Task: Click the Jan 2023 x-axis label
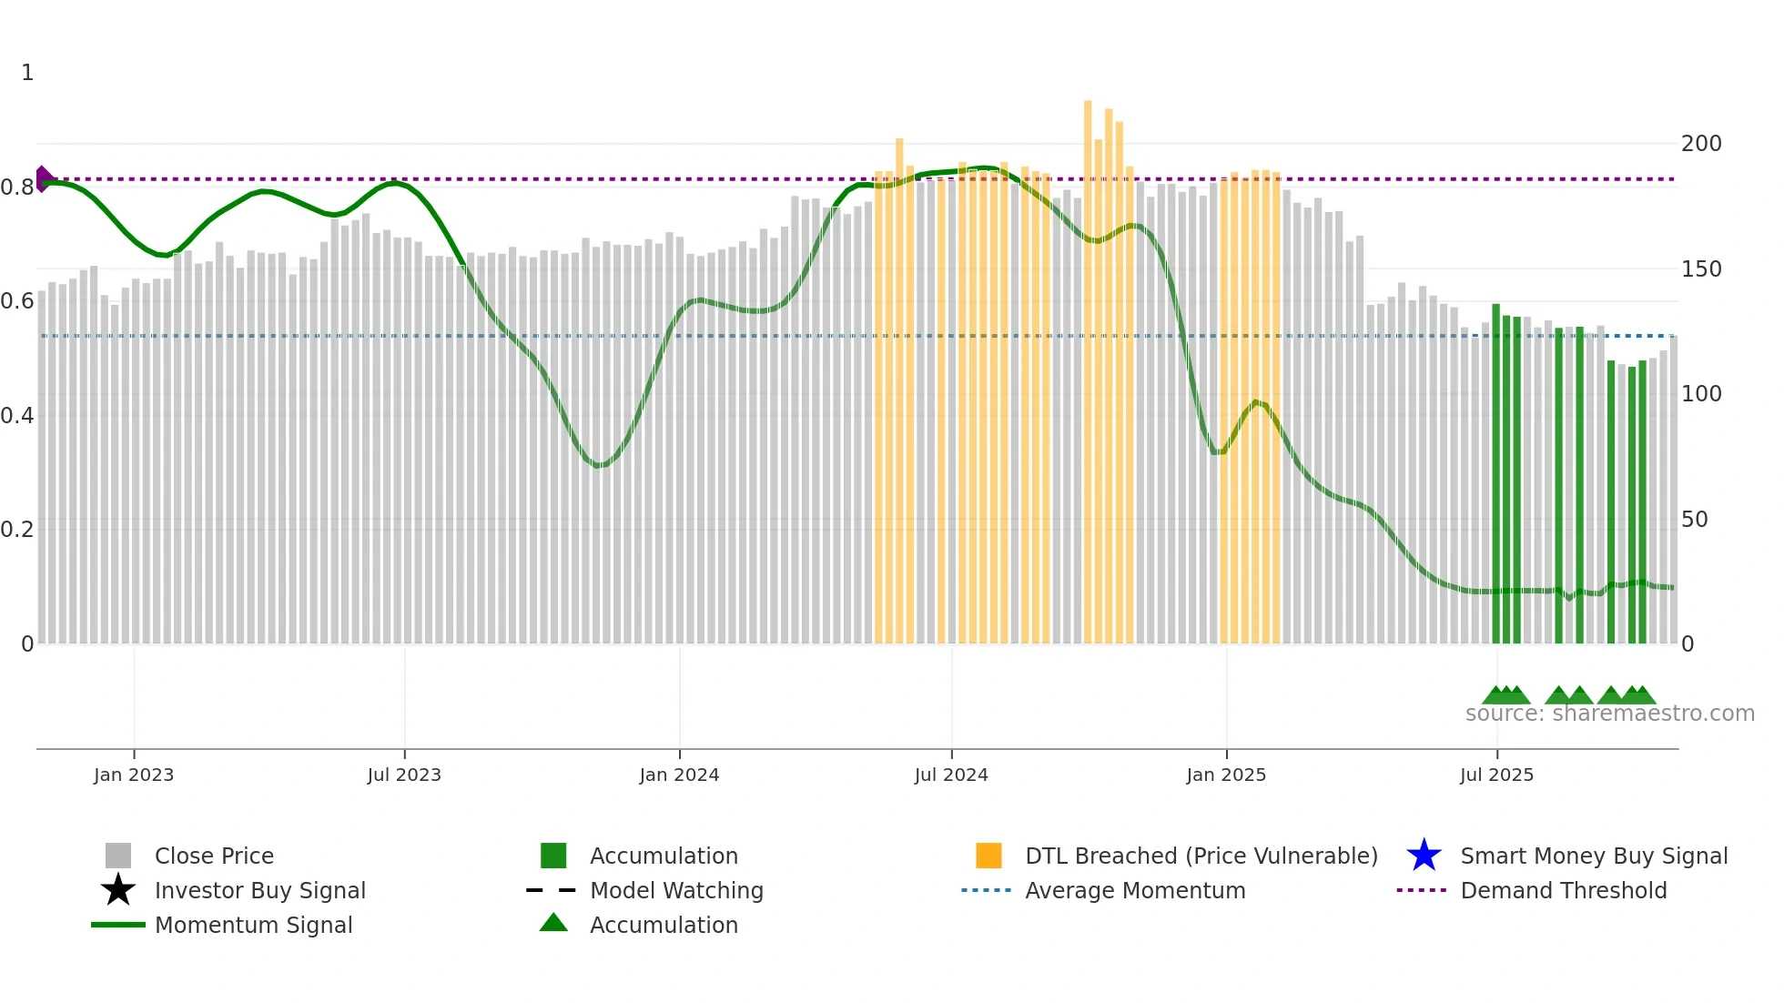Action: (x=133, y=775)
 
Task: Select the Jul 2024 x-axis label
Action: (x=950, y=775)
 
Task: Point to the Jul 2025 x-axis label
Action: (x=1496, y=775)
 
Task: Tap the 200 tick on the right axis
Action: (x=1701, y=144)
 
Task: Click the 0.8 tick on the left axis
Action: (x=17, y=187)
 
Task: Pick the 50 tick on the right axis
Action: (x=1694, y=520)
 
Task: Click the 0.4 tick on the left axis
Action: (x=17, y=416)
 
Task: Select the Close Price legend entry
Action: (x=214, y=856)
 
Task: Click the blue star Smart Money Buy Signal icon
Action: (x=1424, y=856)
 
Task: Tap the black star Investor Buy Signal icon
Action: (x=118, y=890)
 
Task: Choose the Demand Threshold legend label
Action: (x=1563, y=890)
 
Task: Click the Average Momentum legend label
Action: (x=1134, y=890)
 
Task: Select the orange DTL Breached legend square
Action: (x=988, y=856)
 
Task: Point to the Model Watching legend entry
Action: (x=675, y=890)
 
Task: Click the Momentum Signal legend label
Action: (x=253, y=925)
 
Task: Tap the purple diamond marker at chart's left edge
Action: (x=43, y=178)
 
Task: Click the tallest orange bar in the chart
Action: (x=1088, y=364)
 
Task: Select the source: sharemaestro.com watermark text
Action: (x=1609, y=714)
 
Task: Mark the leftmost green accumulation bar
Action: (x=1495, y=473)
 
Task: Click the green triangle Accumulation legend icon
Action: (x=553, y=923)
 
